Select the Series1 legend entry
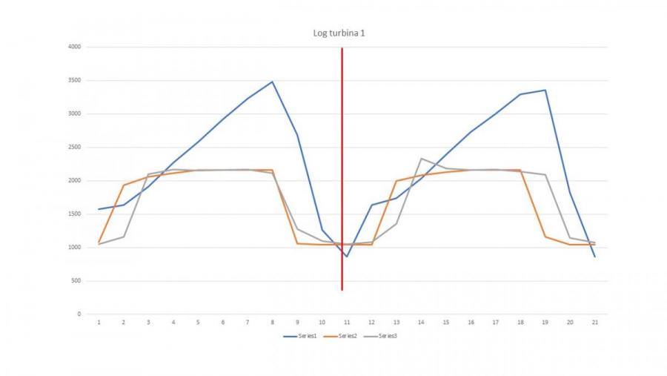304,336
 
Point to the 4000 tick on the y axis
73,47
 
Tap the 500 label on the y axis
76,281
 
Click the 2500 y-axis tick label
73,147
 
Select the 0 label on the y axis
79,314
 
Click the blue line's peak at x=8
272,82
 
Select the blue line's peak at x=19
545,90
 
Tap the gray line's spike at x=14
421,159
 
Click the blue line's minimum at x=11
346,257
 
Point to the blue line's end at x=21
595,257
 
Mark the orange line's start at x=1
99,243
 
